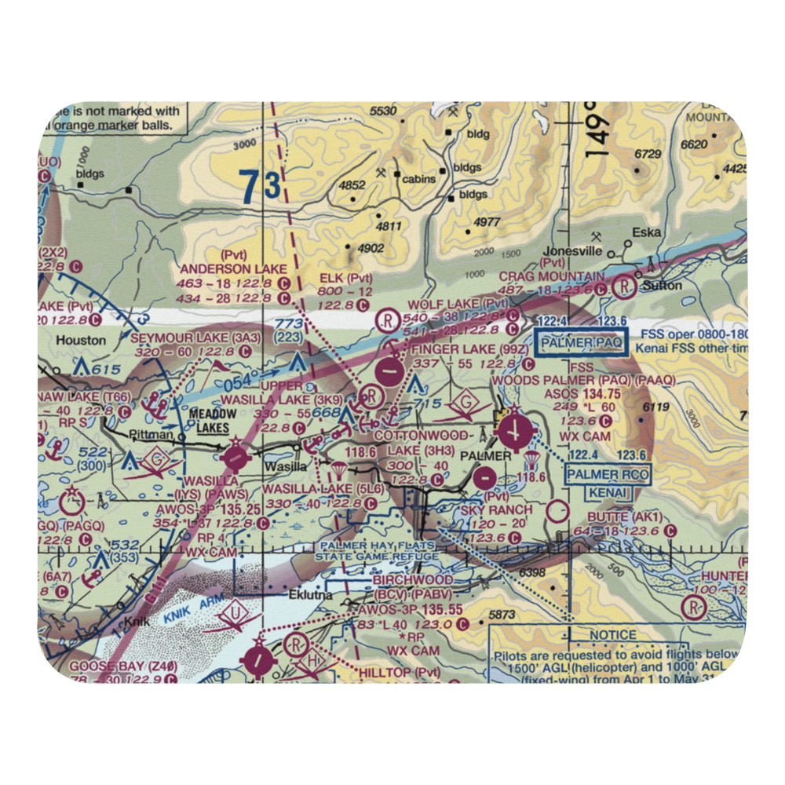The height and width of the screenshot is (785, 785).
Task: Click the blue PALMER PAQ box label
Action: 581,343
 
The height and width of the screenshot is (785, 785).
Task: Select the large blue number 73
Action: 260,187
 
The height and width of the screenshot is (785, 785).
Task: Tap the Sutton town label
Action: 661,286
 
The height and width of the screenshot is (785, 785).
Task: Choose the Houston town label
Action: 80,341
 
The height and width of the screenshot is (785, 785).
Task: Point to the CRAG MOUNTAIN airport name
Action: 552,276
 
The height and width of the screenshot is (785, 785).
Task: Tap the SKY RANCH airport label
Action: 496,509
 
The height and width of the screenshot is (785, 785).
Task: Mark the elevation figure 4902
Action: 370,249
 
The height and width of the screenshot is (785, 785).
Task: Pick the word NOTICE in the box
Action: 614,634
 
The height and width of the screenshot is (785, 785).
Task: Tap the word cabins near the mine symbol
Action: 418,179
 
